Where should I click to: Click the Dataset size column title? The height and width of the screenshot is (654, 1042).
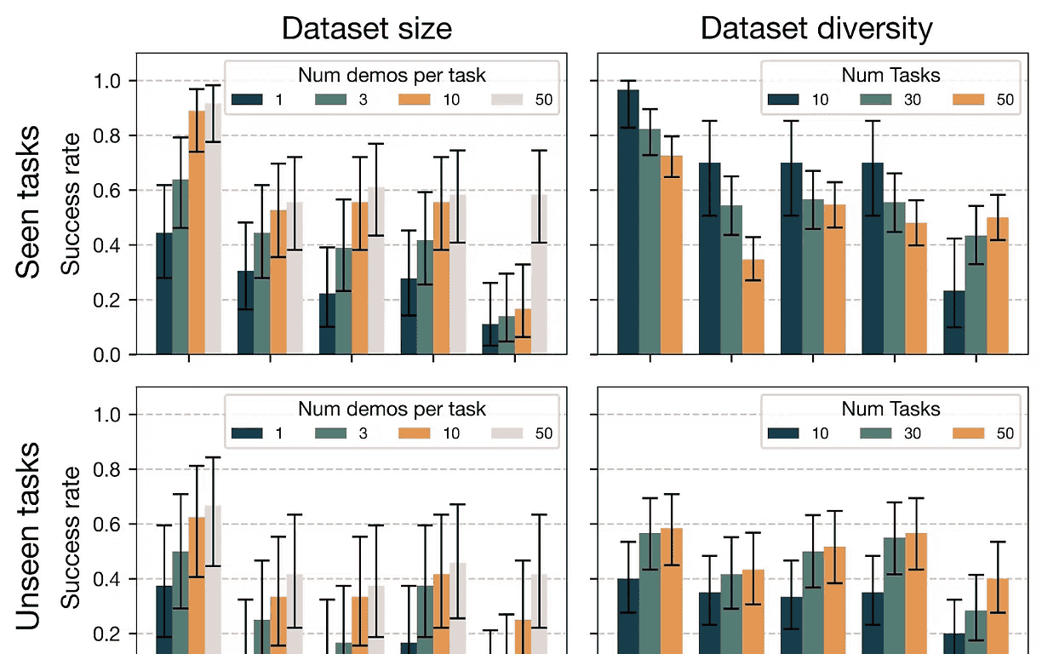(x=366, y=29)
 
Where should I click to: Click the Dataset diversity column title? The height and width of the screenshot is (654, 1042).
(x=816, y=29)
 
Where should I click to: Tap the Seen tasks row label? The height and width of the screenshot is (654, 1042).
(x=30, y=203)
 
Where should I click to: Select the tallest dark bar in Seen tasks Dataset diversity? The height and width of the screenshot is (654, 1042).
(x=628, y=221)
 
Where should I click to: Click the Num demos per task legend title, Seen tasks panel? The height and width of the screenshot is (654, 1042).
(x=392, y=75)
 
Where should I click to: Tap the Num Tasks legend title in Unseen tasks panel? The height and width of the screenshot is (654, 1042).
(x=890, y=409)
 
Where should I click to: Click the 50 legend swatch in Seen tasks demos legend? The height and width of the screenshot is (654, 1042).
(x=508, y=100)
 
